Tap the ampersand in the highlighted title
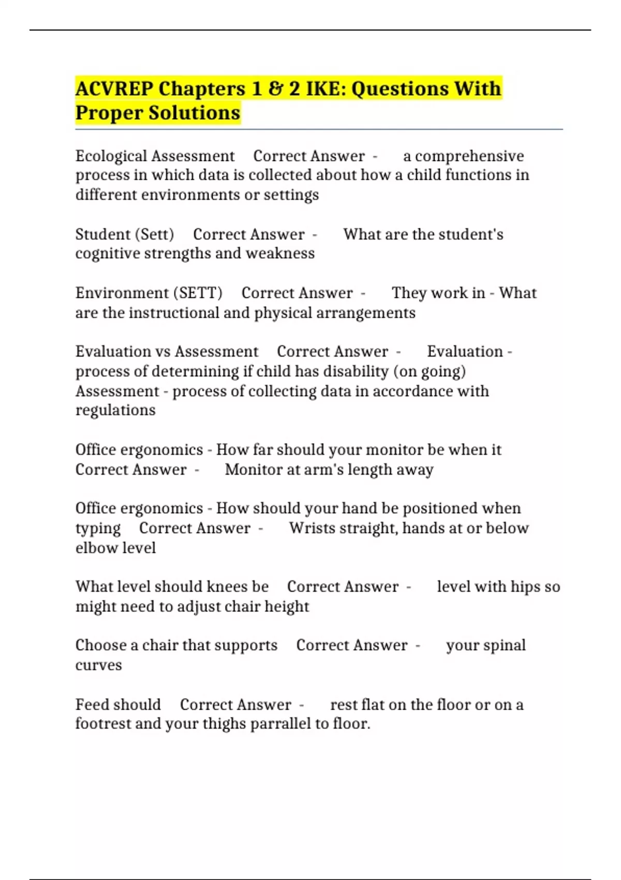point(274,89)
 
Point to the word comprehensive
point(469,156)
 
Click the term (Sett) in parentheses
point(154,234)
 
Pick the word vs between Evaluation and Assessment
point(163,351)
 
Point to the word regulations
point(115,410)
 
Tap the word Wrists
point(312,528)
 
